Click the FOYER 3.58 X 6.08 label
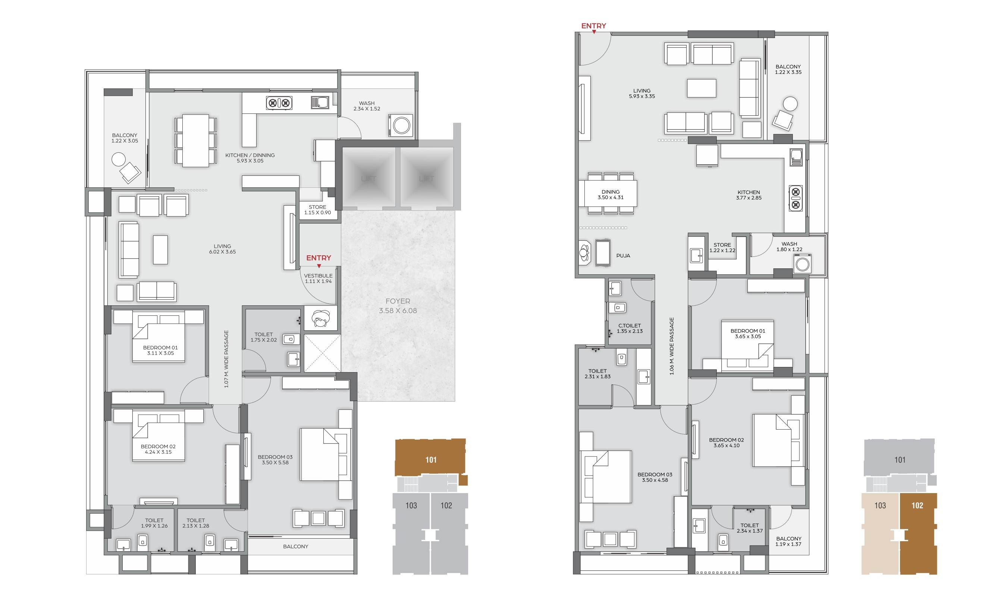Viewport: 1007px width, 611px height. pos(398,305)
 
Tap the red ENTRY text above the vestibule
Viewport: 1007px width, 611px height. pos(319,258)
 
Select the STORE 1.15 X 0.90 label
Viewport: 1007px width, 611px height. pos(317,210)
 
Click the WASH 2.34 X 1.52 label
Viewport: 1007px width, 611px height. pos(367,106)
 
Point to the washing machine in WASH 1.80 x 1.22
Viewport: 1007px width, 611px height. pos(802,264)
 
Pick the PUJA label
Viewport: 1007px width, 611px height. pos(623,256)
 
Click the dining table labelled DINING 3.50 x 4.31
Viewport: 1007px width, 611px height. pos(611,194)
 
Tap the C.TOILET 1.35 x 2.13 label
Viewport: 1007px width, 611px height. pos(630,328)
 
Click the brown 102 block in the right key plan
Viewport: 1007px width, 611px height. pos(918,533)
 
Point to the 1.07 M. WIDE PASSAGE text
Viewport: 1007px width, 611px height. pos(226,359)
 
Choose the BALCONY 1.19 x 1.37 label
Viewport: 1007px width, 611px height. pos(788,541)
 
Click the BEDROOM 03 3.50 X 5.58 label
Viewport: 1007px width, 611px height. pos(275,460)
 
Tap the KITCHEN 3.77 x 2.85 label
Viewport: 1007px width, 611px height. pos(749,195)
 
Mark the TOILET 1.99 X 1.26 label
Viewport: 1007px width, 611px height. pos(154,523)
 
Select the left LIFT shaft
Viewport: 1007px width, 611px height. pos(368,178)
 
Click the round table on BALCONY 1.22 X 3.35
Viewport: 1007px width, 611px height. pos(790,104)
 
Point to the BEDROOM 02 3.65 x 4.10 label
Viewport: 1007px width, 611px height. pos(726,443)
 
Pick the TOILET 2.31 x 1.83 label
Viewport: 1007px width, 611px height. pos(597,373)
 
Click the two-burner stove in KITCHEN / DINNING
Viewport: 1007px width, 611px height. pos(279,103)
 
